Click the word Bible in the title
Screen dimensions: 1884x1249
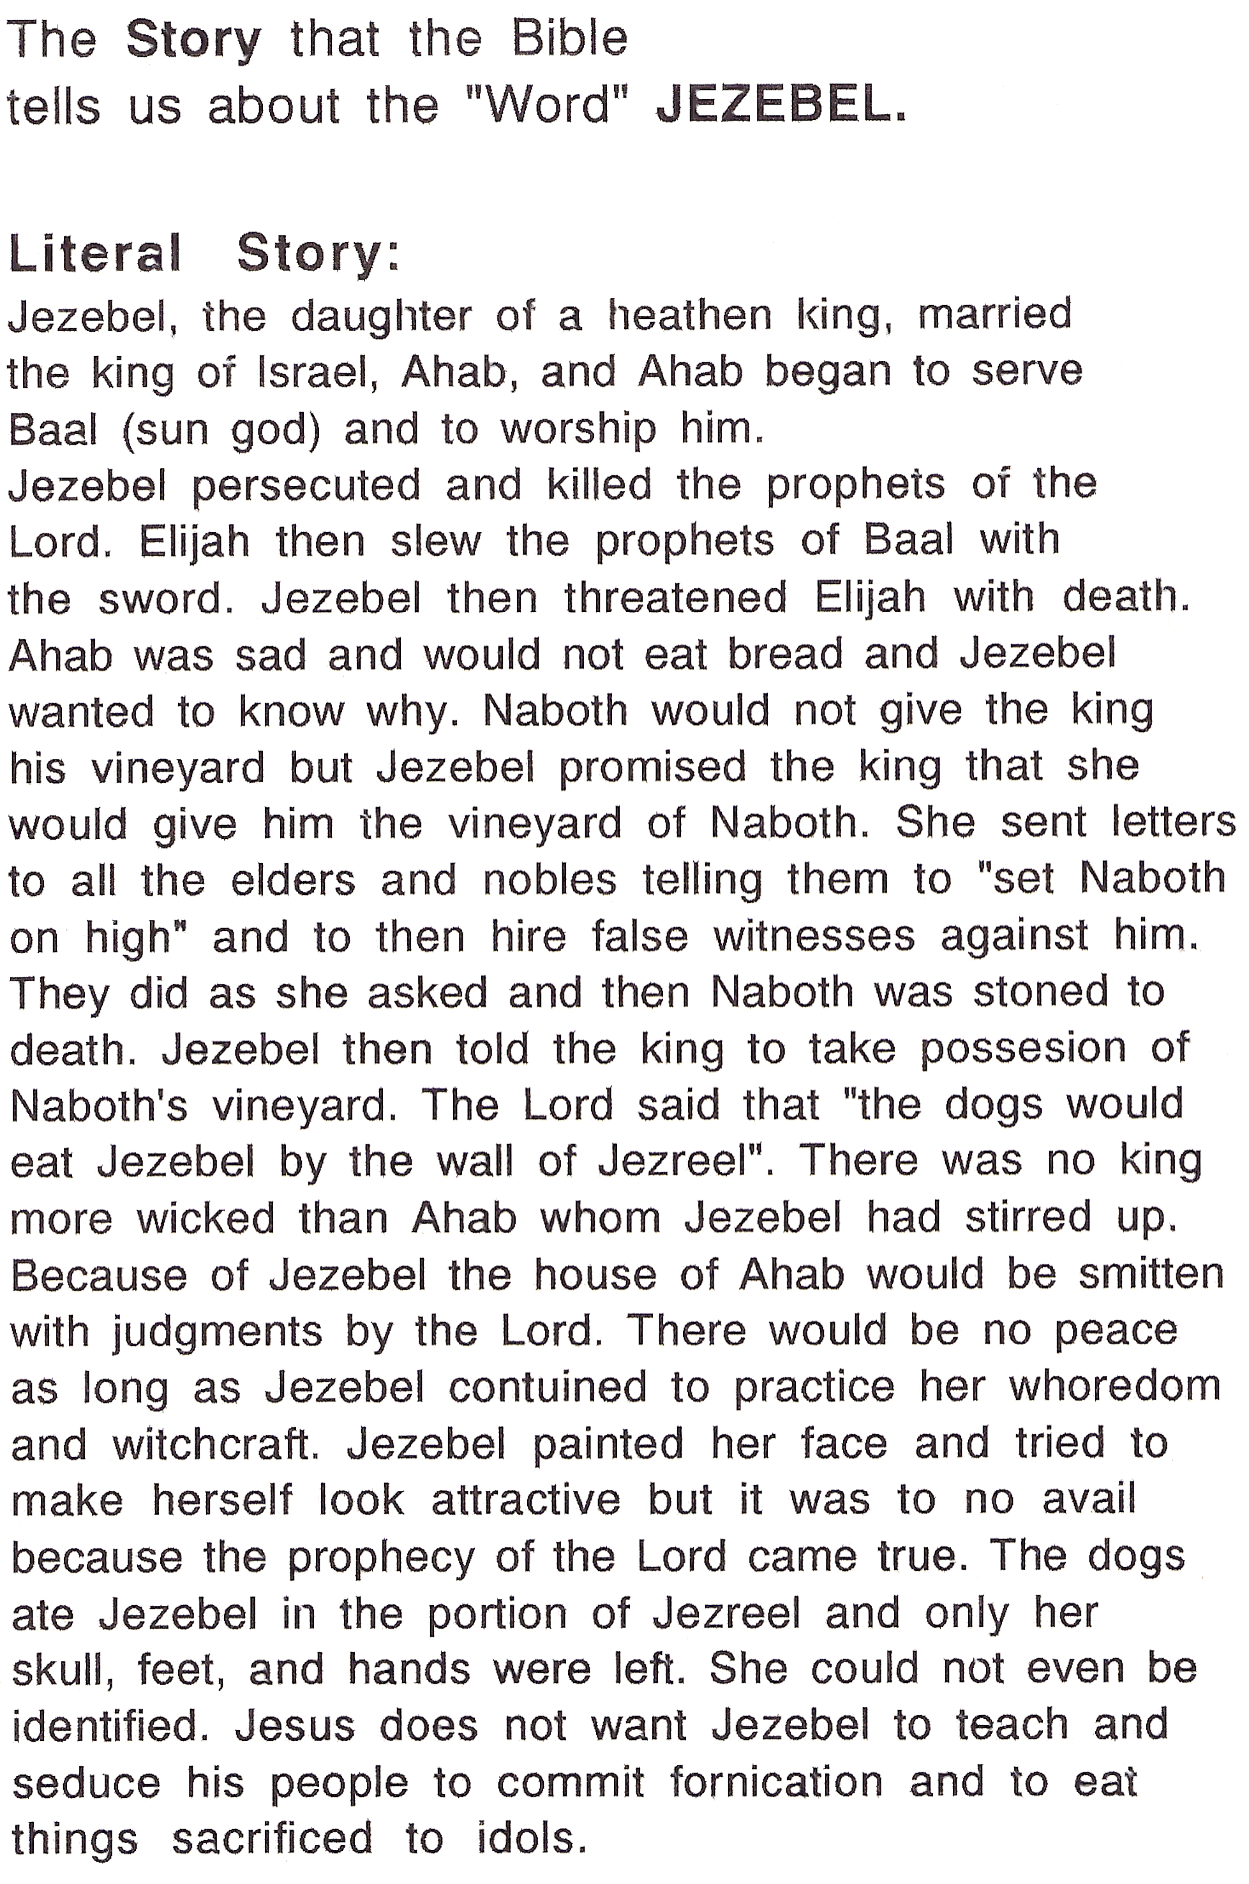tap(569, 38)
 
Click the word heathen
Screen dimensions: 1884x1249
tap(689, 315)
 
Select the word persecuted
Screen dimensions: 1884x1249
tap(307, 486)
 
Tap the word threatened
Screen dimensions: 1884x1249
tap(675, 597)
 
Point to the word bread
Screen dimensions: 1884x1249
tap(784, 654)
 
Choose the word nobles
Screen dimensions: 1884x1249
tap(549, 880)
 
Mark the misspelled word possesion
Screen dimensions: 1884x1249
tap(1023, 1050)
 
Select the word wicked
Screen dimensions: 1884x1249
tap(206, 1219)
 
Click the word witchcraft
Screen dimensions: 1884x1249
tap(215, 1444)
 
